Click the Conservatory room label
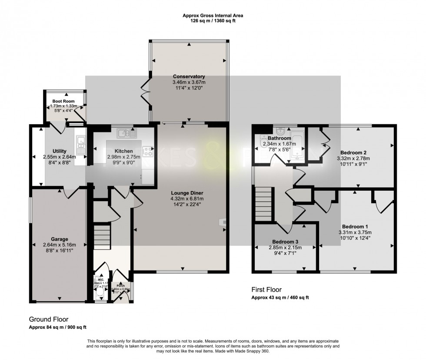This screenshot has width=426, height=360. coord(189,76)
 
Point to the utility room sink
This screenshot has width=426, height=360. coord(80,141)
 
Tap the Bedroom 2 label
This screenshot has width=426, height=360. coord(353,152)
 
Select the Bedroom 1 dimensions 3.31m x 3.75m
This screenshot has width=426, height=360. coord(355,232)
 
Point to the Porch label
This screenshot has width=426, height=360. coord(120,286)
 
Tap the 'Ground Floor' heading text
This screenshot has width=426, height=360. coord(48,319)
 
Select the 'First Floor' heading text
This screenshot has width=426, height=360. coord(266,289)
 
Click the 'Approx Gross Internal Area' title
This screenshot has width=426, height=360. coord(213,16)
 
